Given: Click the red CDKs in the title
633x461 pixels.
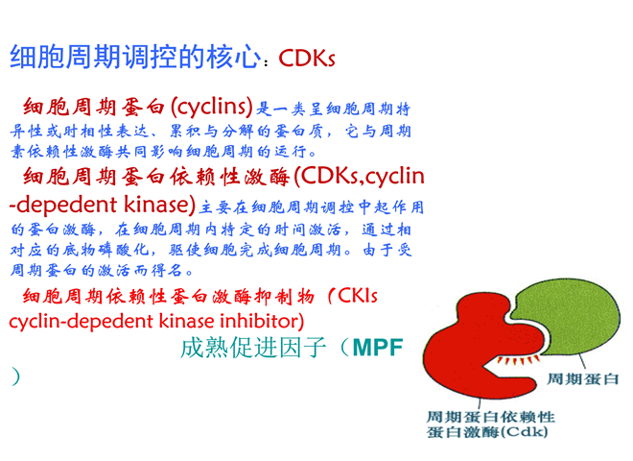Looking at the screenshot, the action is pyautogui.click(x=307, y=59).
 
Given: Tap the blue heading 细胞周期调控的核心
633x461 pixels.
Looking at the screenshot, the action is pyautogui.click(x=135, y=57).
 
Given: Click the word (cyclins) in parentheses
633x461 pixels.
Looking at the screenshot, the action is pyautogui.click(x=212, y=108).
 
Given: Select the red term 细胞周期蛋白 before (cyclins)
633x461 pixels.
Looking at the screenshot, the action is pyautogui.click(x=94, y=108).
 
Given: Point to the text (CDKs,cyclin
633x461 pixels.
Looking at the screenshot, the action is pyautogui.click(x=360, y=177).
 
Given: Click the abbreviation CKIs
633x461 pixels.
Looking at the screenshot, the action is pyautogui.click(x=358, y=296).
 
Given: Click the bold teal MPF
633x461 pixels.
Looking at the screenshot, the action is pyautogui.click(x=378, y=348).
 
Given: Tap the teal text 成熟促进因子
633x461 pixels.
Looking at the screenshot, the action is pyautogui.click(x=253, y=348).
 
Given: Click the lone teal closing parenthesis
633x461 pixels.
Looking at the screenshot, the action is pyautogui.click(x=15, y=376).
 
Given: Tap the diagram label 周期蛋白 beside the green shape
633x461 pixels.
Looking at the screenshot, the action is pyautogui.click(x=582, y=379).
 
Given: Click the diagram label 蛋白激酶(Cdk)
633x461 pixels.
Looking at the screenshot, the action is pyautogui.click(x=487, y=432).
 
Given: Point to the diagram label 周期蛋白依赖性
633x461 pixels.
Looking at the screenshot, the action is pyautogui.click(x=491, y=417).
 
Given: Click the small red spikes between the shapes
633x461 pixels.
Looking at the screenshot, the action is pyautogui.click(x=519, y=360).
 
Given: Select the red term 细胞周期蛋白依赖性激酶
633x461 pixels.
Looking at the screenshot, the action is pyautogui.click(x=156, y=177).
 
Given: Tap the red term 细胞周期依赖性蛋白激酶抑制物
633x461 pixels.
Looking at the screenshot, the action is pyautogui.click(x=169, y=297).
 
